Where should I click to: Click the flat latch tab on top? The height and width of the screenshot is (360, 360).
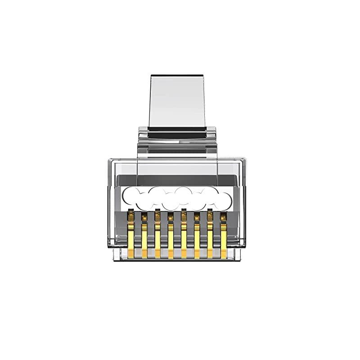tap(177, 101)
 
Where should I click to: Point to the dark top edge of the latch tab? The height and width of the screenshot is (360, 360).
tap(177, 78)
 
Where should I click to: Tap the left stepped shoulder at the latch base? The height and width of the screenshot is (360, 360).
tap(143, 135)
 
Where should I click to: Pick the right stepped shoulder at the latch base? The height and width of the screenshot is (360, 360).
tap(211, 135)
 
